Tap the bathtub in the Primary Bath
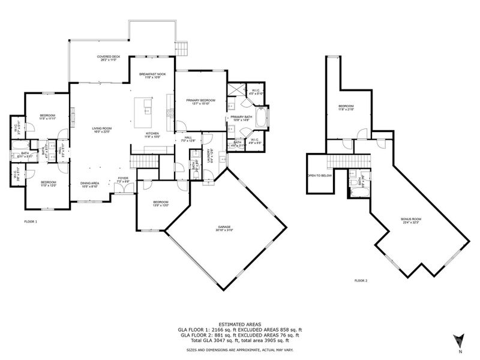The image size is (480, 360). pyautogui.click(x=262, y=116)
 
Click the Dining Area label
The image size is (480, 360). pyautogui.click(x=90, y=185)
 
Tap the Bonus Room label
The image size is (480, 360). pyautogui.click(x=411, y=221)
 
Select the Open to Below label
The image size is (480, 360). pyautogui.click(x=320, y=176)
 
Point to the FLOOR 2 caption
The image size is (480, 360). pyautogui.click(x=361, y=281)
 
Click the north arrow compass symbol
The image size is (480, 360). pyautogui.click(x=459, y=340)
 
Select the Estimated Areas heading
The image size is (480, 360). pyautogui.click(x=239, y=324)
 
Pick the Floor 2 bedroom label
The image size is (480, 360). pyautogui.click(x=347, y=107)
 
